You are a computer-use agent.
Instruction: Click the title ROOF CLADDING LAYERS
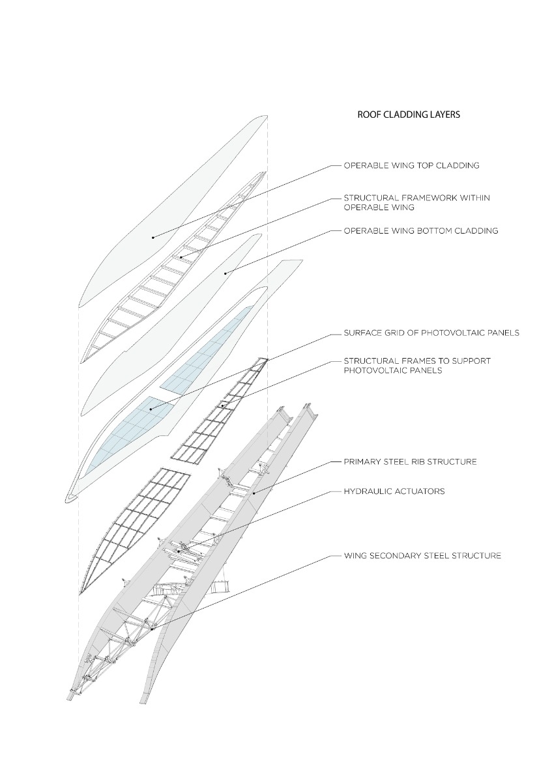(409, 115)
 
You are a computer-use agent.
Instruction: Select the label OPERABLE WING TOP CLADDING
(411, 165)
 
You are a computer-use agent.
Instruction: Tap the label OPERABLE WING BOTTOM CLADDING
(420, 230)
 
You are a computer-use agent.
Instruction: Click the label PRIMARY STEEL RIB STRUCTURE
(410, 461)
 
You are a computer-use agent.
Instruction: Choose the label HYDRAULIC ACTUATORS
(394, 491)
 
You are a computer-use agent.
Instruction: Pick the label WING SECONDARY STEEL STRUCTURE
(422, 556)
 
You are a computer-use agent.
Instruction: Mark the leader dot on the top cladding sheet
(153, 238)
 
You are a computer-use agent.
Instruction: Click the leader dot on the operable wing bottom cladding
(225, 273)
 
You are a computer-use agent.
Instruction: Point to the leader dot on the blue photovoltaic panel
(151, 409)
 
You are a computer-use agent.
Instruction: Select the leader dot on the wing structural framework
(181, 257)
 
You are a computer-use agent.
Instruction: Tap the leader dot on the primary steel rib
(254, 495)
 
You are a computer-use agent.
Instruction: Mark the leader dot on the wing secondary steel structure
(152, 629)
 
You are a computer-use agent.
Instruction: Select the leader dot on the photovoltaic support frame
(222, 406)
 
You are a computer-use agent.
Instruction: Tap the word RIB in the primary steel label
(418, 461)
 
